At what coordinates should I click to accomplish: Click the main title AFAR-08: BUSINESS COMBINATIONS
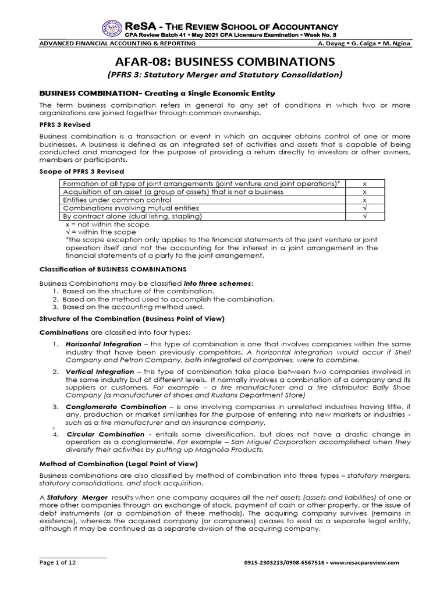pyautogui.click(x=223, y=61)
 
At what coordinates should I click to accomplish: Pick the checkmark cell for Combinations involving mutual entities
pyautogui.click(x=364, y=208)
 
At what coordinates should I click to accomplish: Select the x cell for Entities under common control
pyautogui.click(x=364, y=199)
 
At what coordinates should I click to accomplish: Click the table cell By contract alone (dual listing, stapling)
pyautogui.click(x=132, y=216)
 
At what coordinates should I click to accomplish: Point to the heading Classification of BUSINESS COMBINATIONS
pyautogui.click(x=112, y=269)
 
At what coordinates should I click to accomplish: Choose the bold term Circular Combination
pyautogui.click(x=105, y=434)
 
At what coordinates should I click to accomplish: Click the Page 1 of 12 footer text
pyautogui.click(x=57, y=562)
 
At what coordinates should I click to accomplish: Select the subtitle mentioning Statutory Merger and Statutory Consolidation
pyautogui.click(x=223, y=74)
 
